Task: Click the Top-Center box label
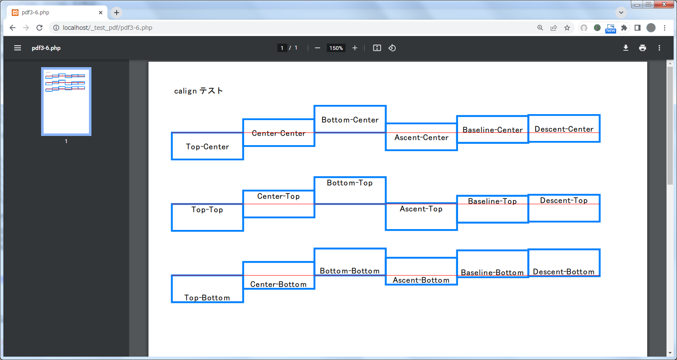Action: click(x=207, y=147)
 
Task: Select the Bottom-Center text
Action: click(x=350, y=120)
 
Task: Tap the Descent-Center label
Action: click(x=564, y=129)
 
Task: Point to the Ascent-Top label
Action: click(x=421, y=209)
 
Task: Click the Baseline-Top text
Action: click(x=492, y=201)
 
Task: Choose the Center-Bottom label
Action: click(x=279, y=284)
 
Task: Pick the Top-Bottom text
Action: click(x=207, y=298)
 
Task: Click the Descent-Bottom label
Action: click(x=564, y=272)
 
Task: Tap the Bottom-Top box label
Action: click(x=350, y=183)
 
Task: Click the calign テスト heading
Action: click(x=198, y=91)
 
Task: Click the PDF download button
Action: click(x=626, y=48)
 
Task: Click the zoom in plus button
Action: click(x=355, y=48)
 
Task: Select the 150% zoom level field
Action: click(x=336, y=48)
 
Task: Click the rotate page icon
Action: click(x=392, y=48)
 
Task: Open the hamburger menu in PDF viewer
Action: click(x=18, y=48)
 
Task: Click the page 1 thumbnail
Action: click(x=66, y=102)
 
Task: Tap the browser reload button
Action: click(x=39, y=28)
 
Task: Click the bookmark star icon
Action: click(x=567, y=28)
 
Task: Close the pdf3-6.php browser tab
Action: click(x=101, y=13)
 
